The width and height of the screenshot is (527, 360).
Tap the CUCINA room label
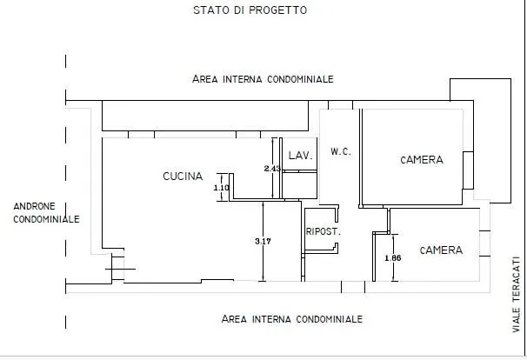tap(183, 177)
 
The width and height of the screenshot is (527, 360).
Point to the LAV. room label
tap(301, 156)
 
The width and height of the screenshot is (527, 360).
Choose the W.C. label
tap(340, 152)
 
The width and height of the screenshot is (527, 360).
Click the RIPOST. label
tap(322, 232)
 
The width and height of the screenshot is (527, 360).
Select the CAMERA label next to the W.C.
tap(422, 160)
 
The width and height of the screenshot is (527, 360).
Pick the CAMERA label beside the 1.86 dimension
tap(441, 250)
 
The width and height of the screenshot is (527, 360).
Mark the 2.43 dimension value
tap(273, 169)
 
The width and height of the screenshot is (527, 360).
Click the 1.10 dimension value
tap(221, 187)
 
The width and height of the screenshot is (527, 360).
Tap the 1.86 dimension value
tap(393, 259)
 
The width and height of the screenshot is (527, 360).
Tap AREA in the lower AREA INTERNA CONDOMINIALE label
tap(236, 319)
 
